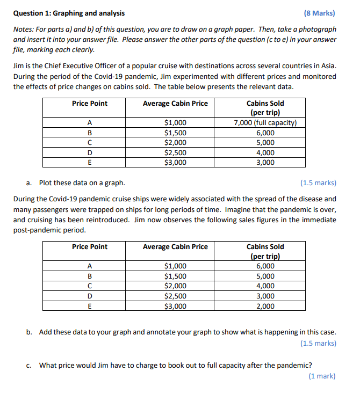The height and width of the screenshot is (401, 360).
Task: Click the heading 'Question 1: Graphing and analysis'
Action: click(x=68, y=13)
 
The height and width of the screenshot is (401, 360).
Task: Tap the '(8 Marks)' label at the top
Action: click(x=320, y=13)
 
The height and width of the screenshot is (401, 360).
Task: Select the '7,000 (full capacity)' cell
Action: click(x=265, y=122)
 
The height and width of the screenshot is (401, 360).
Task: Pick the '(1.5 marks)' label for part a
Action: click(x=319, y=183)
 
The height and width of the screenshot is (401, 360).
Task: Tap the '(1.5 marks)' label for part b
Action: click(x=319, y=343)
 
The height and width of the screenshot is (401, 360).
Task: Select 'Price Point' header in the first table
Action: click(x=90, y=103)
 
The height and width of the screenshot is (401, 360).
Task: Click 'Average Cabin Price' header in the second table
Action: click(x=175, y=246)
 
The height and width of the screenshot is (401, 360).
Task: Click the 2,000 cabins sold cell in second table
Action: click(x=265, y=306)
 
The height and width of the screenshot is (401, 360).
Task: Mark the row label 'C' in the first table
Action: click(x=90, y=143)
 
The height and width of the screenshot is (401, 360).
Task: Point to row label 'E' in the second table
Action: click(x=90, y=306)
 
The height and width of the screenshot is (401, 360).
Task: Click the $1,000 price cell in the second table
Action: click(x=175, y=266)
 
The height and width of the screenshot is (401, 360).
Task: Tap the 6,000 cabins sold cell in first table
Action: click(x=265, y=133)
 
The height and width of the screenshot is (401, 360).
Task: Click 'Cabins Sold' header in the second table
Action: click(x=265, y=246)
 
